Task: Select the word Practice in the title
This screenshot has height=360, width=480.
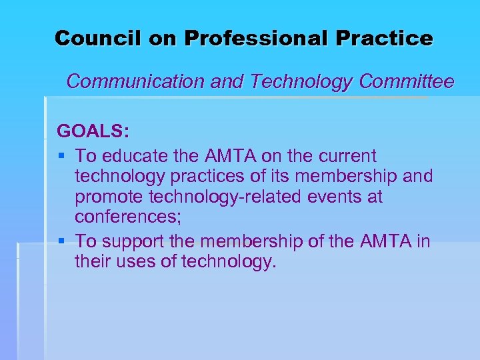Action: (x=384, y=38)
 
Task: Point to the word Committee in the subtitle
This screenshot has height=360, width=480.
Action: (x=407, y=82)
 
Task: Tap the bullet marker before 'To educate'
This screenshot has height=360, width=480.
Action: (x=61, y=156)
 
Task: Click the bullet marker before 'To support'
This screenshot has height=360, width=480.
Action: (x=61, y=241)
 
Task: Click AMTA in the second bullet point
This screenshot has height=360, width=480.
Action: (x=385, y=241)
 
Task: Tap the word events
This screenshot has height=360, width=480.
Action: (x=340, y=198)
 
